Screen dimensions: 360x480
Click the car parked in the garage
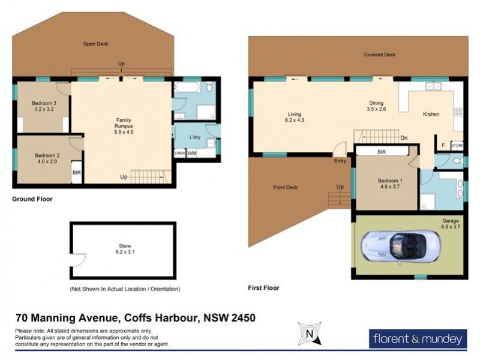tap(400, 247)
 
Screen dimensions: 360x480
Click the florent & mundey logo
tap(418, 339)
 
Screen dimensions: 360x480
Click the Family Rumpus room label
tap(123, 127)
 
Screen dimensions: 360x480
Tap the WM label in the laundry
tap(192, 154)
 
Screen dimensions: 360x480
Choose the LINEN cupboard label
tap(179, 154)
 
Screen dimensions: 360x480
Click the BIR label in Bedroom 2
tap(76, 173)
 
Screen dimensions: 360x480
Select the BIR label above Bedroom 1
tap(382, 152)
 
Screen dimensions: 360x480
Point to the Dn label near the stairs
tap(404, 138)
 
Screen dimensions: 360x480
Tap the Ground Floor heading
tap(32, 199)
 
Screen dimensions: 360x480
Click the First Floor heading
tap(263, 288)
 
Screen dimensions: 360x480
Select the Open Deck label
tap(95, 44)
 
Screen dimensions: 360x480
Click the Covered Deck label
tap(380, 55)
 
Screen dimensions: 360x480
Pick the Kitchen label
tap(431, 114)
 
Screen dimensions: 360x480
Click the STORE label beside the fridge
tap(457, 145)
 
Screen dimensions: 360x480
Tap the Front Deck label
tap(285, 187)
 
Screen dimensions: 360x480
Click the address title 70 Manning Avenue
tap(136, 317)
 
